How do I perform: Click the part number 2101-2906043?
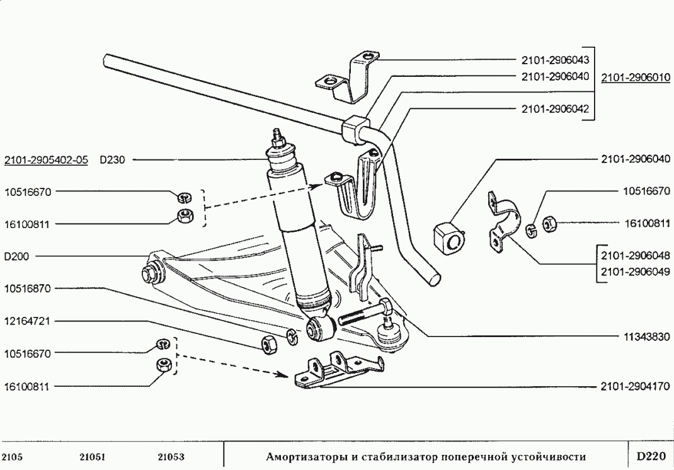click(x=555, y=60)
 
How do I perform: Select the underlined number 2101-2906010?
click(x=636, y=77)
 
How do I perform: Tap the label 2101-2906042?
click(x=555, y=109)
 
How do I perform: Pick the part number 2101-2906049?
click(x=635, y=272)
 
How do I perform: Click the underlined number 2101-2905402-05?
click(x=46, y=160)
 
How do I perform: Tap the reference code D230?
click(x=113, y=160)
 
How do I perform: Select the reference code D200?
click(x=16, y=256)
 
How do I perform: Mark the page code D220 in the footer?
click(x=649, y=455)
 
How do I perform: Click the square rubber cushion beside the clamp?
click(x=448, y=238)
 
